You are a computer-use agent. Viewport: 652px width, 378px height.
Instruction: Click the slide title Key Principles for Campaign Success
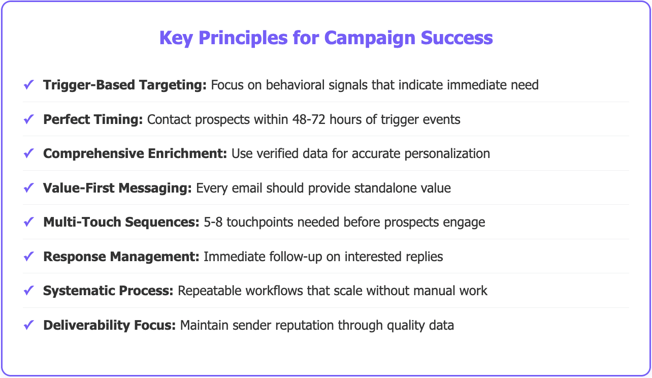click(x=326, y=38)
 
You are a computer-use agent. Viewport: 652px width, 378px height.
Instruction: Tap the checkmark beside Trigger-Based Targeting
click(x=28, y=85)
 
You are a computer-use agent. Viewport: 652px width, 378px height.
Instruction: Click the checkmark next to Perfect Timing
click(x=28, y=119)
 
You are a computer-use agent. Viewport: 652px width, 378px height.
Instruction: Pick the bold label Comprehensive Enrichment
click(x=135, y=153)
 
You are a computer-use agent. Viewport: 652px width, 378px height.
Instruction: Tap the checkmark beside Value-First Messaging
click(x=28, y=188)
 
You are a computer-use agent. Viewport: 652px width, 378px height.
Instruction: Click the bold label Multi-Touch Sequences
click(x=121, y=222)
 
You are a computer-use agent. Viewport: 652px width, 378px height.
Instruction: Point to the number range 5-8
click(x=213, y=222)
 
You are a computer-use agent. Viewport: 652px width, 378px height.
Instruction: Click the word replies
click(x=425, y=257)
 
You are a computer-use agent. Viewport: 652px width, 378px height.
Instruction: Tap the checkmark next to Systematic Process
click(x=28, y=291)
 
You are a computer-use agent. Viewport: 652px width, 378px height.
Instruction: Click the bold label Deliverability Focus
click(x=109, y=325)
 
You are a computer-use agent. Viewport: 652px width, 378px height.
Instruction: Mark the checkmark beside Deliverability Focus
click(x=28, y=325)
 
